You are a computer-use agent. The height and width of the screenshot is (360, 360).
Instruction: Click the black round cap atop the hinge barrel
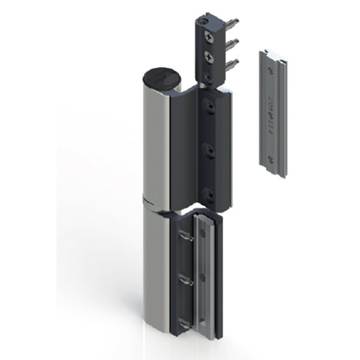tap(161, 78)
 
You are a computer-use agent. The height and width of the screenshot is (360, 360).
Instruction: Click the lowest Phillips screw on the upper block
tap(207, 77)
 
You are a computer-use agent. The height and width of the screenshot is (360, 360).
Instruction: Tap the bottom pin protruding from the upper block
tap(233, 62)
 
